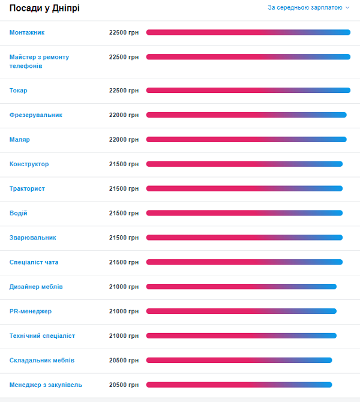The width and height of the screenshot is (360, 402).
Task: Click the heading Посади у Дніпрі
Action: click(x=44, y=8)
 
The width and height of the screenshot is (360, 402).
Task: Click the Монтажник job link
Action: click(x=27, y=32)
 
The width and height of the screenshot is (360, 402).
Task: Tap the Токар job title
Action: click(x=19, y=91)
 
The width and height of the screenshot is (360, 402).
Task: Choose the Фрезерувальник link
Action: click(x=36, y=115)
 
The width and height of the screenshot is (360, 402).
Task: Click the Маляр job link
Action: click(x=20, y=140)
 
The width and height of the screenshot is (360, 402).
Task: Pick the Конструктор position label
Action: click(x=29, y=164)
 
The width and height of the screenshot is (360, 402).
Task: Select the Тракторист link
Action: click(x=27, y=189)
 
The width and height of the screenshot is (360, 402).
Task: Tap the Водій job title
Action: click(x=19, y=214)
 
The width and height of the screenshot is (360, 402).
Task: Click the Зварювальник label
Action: click(x=33, y=238)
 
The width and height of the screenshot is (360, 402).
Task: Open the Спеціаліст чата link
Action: click(x=34, y=263)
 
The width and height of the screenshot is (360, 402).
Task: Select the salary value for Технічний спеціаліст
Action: click(x=124, y=336)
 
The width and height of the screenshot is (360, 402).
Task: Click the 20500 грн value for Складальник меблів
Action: click(x=124, y=361)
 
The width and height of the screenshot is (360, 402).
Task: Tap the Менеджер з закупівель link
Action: click(x=46, y=385)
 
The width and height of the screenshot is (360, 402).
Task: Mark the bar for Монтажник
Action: click(x=248, y=32)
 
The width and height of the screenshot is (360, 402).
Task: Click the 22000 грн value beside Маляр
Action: click(x=124, y=140)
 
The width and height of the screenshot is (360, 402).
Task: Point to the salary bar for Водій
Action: click(x=244, y=214)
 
